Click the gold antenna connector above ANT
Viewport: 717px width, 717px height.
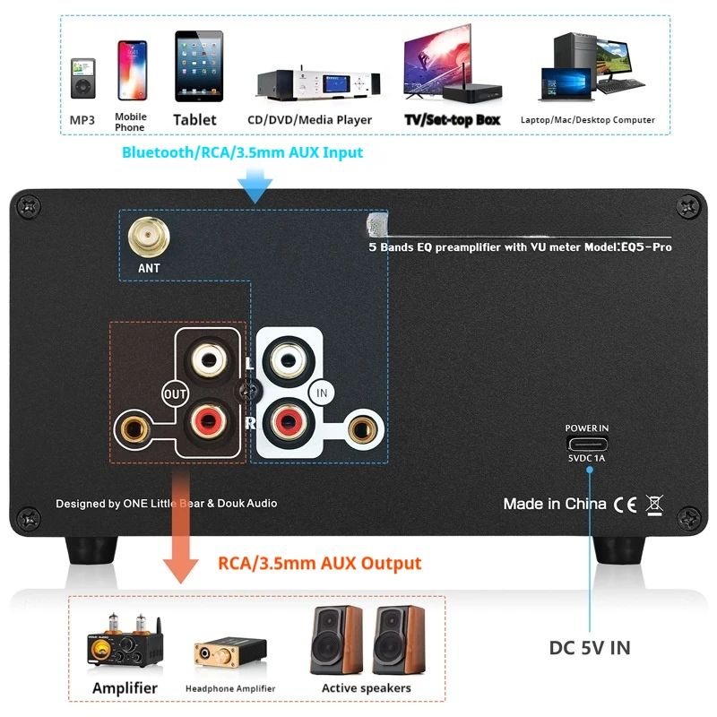click(x=149, y=237)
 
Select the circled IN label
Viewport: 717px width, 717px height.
click(x=320, y=392)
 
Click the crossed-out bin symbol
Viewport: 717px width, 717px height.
click(x=655, y=503)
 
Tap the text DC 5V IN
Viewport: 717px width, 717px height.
click(x=590, y=648)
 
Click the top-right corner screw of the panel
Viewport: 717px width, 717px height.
click(x=688, y=206)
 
